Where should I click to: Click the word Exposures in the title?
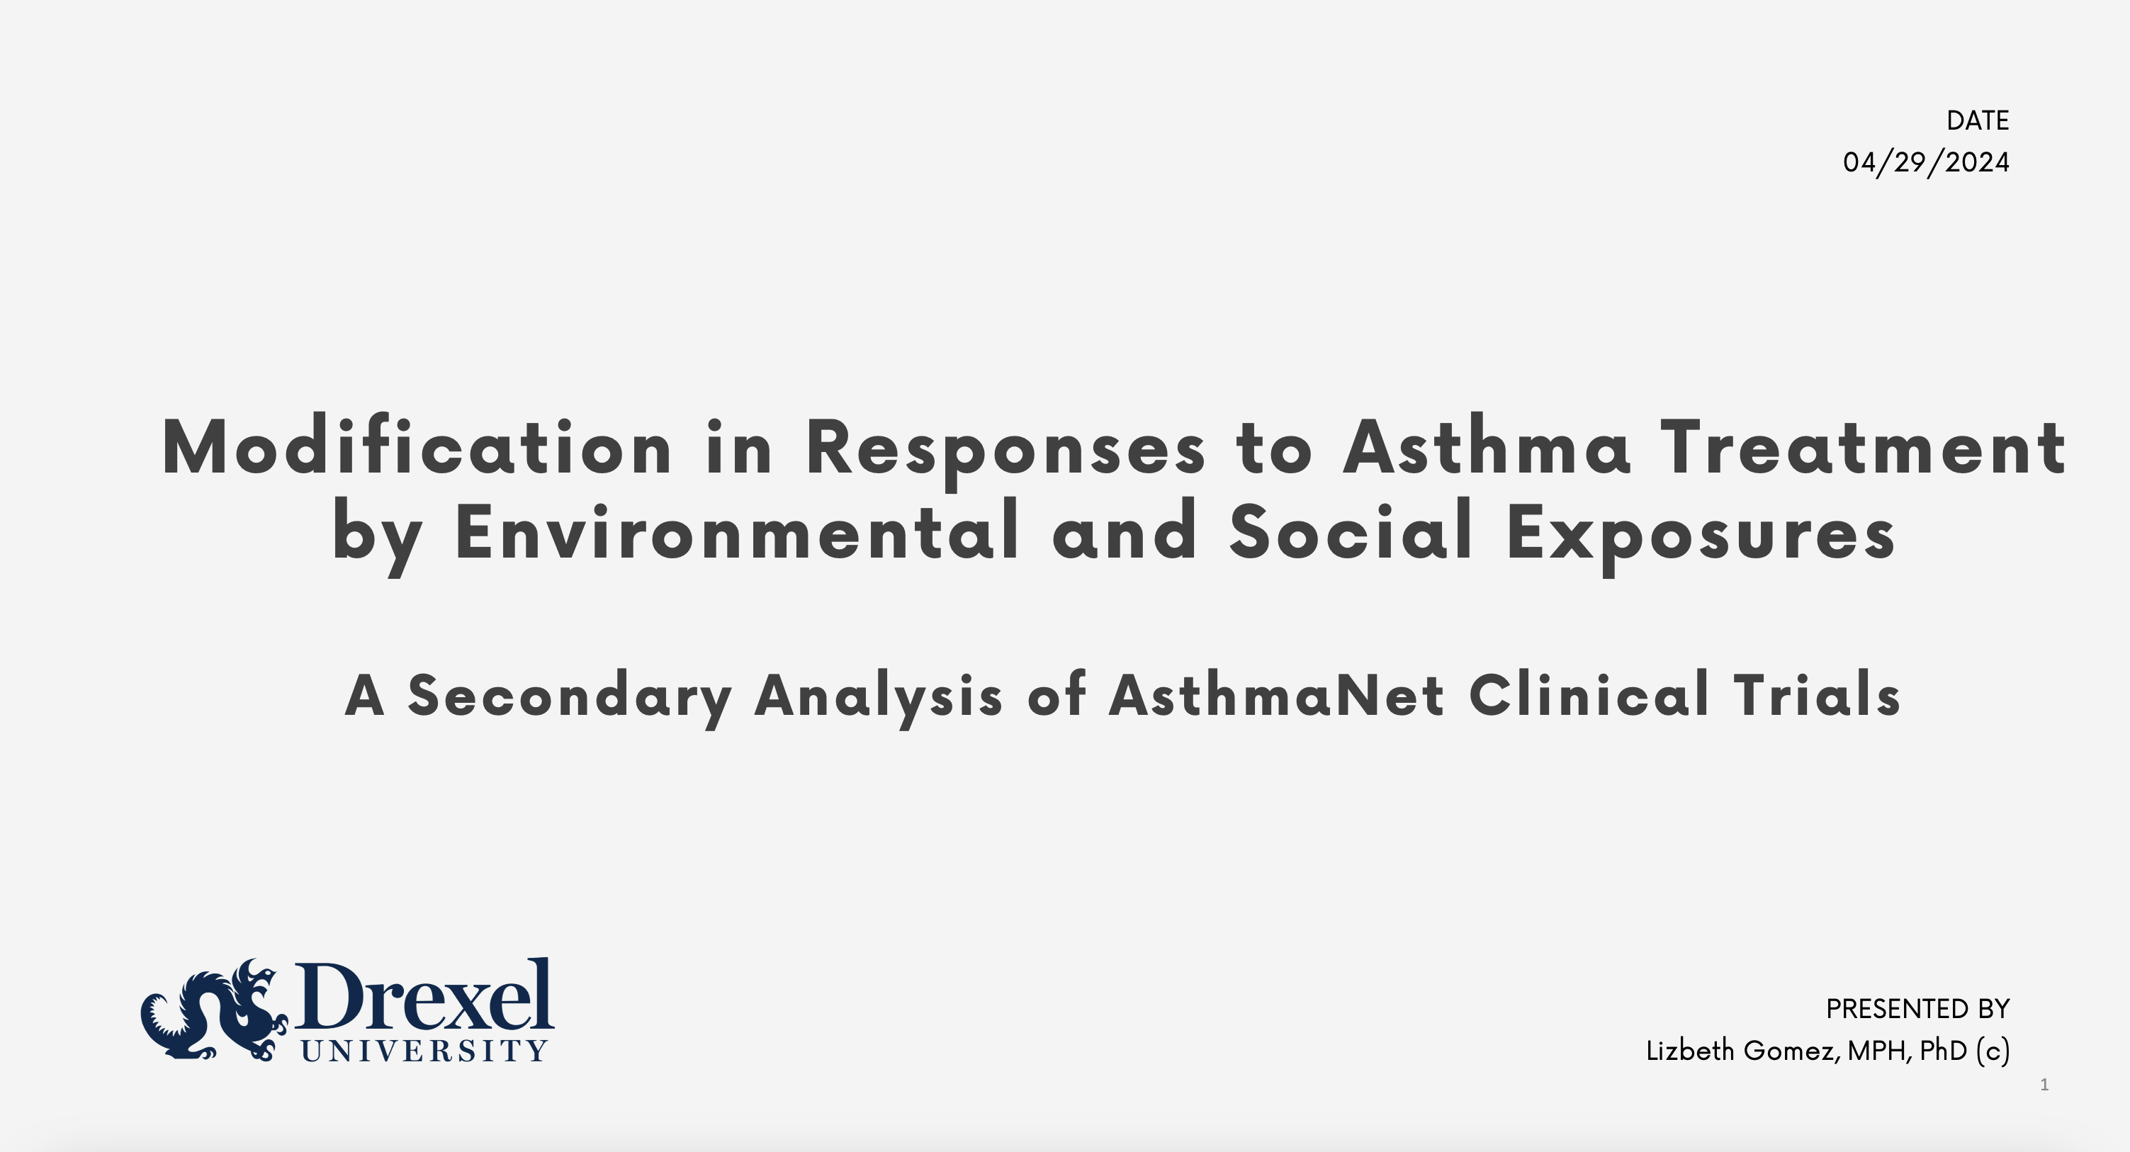pyautogui.click(x=1701, y=536)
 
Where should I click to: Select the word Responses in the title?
pyautogui.click(x=1005, y=453)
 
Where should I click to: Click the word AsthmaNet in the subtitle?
pyautogui.click(x=1277, y=695)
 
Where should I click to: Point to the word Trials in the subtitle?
pyautogui.click(x=1818, y=695)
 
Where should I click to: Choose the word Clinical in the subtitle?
pyautogui.click(x=1589, y=695)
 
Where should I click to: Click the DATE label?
pyautogui.click(x=1977, y=120)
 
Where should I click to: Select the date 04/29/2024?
pyautogui.click(x=1926, y=162)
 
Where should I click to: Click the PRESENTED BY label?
pyautogui.click(x=1917, y=1009)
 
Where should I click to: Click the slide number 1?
pyautogui.click(x=2044, y=1085)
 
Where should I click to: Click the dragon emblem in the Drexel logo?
pyautogui.click(x=214, y=1010)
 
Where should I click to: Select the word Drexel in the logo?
pyautogui.click(x=423, y=998)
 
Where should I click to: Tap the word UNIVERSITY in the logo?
pyautogui.click(x=423, y=1051)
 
